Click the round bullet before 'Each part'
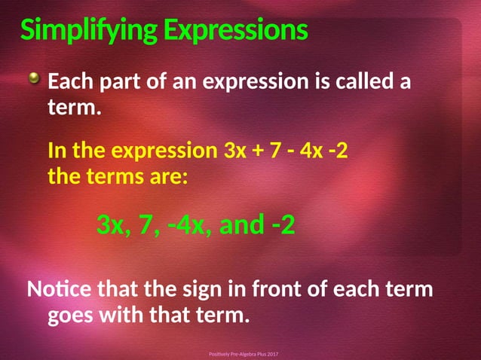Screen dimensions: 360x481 35,78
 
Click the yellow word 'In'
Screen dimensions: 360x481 57,151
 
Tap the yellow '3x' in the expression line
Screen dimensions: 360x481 235,151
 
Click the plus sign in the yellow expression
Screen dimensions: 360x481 258,151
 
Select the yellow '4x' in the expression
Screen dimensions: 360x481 311,151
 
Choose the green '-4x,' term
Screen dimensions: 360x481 185,224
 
